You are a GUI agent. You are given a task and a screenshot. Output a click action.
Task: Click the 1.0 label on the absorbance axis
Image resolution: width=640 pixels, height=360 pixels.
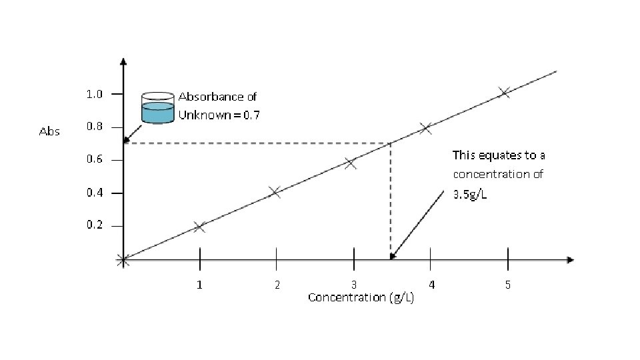(95, 94)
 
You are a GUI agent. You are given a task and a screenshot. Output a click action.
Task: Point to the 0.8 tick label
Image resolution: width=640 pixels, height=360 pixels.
(95, 127)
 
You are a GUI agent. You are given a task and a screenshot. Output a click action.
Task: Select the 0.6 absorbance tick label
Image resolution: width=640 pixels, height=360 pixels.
(95, 160)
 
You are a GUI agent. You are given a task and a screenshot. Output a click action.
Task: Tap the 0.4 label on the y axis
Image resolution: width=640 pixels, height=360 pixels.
(95, 193)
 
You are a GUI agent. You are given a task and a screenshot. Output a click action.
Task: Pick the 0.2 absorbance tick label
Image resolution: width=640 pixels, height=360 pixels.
(95, 225)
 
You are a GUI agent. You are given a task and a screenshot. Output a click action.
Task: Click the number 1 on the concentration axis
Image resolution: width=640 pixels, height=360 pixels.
(199, 285)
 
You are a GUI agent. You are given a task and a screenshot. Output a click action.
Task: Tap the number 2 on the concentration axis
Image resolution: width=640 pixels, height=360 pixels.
(277, 285)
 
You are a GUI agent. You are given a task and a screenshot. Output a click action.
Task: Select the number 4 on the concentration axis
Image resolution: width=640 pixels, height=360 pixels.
(431, 285)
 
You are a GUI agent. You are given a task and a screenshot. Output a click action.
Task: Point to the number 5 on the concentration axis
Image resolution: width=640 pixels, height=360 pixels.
(508, 285)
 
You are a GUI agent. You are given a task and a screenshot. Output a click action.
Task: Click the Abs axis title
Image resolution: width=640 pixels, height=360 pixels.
(50, 131)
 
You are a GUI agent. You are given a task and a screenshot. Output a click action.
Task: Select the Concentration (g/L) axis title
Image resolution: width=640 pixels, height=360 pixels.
(361, 297)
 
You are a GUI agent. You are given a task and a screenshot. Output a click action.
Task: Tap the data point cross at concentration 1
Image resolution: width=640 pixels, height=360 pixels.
(199, 227)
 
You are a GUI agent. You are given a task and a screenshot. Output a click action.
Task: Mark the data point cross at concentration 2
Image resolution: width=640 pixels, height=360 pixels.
(275, 193)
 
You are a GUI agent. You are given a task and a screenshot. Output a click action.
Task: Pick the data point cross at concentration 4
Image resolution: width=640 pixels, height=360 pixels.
(425, 128)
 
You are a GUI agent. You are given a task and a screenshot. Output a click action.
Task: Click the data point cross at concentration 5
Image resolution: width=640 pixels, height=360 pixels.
(503, 93)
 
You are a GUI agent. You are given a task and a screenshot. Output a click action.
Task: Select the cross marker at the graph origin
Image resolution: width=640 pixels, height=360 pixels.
(123, 260)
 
